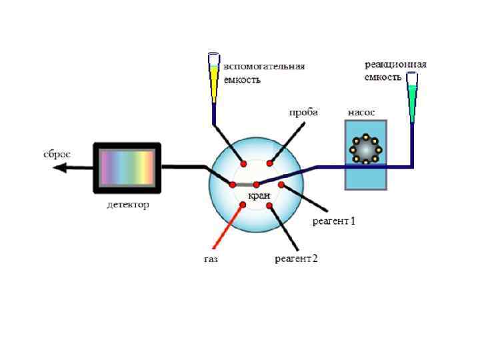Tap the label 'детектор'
(128, 205)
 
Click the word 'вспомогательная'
(264, 66)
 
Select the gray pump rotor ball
(365, 151)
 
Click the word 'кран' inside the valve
(258, 196)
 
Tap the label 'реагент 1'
(334, 221)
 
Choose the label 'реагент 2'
(297, 258)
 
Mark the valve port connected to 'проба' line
(269, 163)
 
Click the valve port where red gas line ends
(243, 205)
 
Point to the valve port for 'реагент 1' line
(281, 185)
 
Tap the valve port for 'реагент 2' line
(269, 205)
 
